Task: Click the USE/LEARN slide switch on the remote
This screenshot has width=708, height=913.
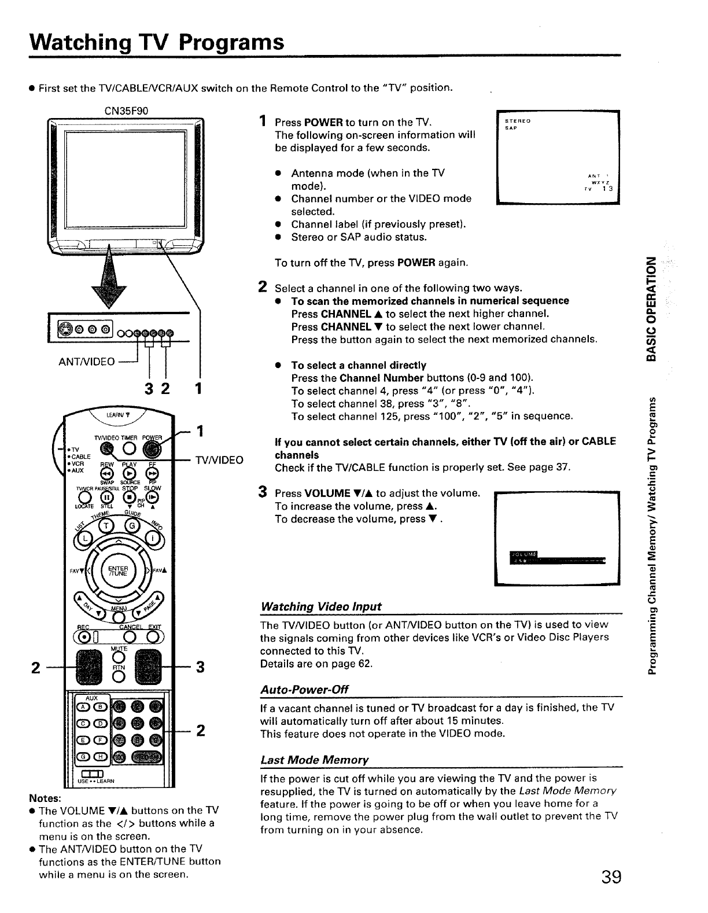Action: [93, 775]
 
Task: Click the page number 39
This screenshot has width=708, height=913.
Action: [611, 877]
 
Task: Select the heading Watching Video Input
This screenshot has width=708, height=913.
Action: [321, 606]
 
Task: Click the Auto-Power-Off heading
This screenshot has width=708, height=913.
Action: [305, 690]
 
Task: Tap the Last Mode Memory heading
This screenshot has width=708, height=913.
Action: [315, 759]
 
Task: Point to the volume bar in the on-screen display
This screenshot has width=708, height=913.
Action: [556, 560]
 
